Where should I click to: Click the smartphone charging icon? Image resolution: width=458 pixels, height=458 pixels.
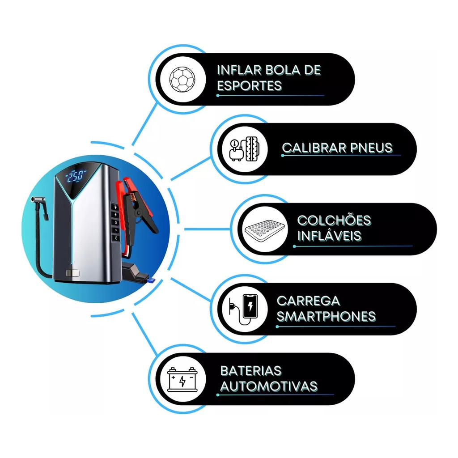(244, 310)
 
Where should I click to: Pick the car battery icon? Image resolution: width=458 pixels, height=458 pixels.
(182, 379)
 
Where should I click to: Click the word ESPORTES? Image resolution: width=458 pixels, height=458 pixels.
(250, 85)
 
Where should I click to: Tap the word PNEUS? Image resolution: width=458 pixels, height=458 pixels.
(371, 148)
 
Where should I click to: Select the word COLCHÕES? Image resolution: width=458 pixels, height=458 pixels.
(334, 220)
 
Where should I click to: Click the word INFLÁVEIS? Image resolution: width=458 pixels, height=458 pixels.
(330, 236)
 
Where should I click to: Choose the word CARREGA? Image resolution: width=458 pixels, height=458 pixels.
(309, 301)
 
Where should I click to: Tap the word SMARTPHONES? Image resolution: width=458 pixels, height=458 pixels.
(326, 316)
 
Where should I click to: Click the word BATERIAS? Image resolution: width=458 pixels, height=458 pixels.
(251, 371)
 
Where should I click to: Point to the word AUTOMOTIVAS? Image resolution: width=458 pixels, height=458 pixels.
(269, 386)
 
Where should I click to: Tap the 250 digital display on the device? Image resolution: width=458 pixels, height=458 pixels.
(75, 176)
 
